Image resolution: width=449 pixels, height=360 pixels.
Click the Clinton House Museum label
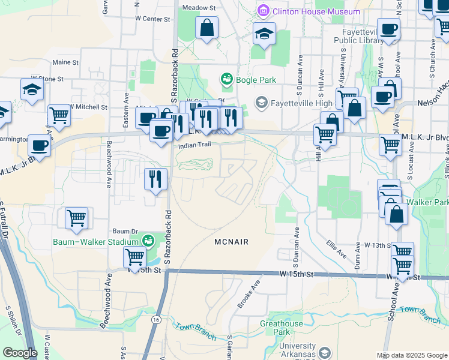tap(316, 11)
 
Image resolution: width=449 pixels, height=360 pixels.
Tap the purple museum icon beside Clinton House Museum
tap(262, 11)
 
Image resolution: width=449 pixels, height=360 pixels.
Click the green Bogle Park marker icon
tap(226, 79)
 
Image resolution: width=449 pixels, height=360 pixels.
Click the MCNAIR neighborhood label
tap(231, 241)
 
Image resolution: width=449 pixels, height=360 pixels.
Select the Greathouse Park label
tap(281, 328)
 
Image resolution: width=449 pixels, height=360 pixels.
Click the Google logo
tap(20, 353)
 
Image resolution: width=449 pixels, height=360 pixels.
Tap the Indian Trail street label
tap(192, 145)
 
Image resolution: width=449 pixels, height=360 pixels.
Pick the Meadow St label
tap(199, 8)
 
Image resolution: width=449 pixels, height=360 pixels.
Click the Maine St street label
tap(65, 62)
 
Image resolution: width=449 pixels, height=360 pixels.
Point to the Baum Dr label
tap(125, 230)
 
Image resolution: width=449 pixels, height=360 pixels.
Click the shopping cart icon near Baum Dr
tap(76, 218)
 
